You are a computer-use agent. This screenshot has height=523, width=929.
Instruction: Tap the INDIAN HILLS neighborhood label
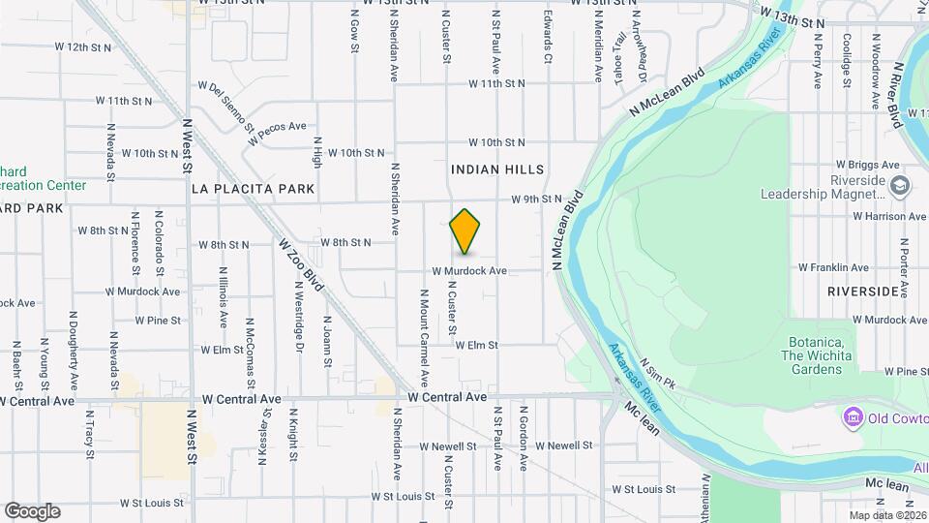pyautogui.click(x=497, y=169)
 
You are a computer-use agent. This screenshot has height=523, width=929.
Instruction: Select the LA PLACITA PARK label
pyautogui.click(x=254, y=188)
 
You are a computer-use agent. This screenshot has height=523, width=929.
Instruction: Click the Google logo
pyautogui.click(x=32, y=510)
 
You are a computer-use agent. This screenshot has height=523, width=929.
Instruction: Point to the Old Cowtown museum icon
pyautogui.click(x=853, y=417)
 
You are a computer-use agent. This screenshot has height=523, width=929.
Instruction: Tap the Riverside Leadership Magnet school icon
pyautogui.click(x=900, y=185)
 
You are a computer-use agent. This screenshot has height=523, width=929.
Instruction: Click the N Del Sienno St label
pyautogui.click(x=231, y=107)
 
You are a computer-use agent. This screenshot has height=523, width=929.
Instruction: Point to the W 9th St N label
pyautogui.click(x=537, y=200)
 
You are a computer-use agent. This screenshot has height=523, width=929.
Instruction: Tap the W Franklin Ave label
pyautogui.click(x=833, y=267)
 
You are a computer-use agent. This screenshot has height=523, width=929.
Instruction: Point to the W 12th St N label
pyautogui.click(x=86, y=46)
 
